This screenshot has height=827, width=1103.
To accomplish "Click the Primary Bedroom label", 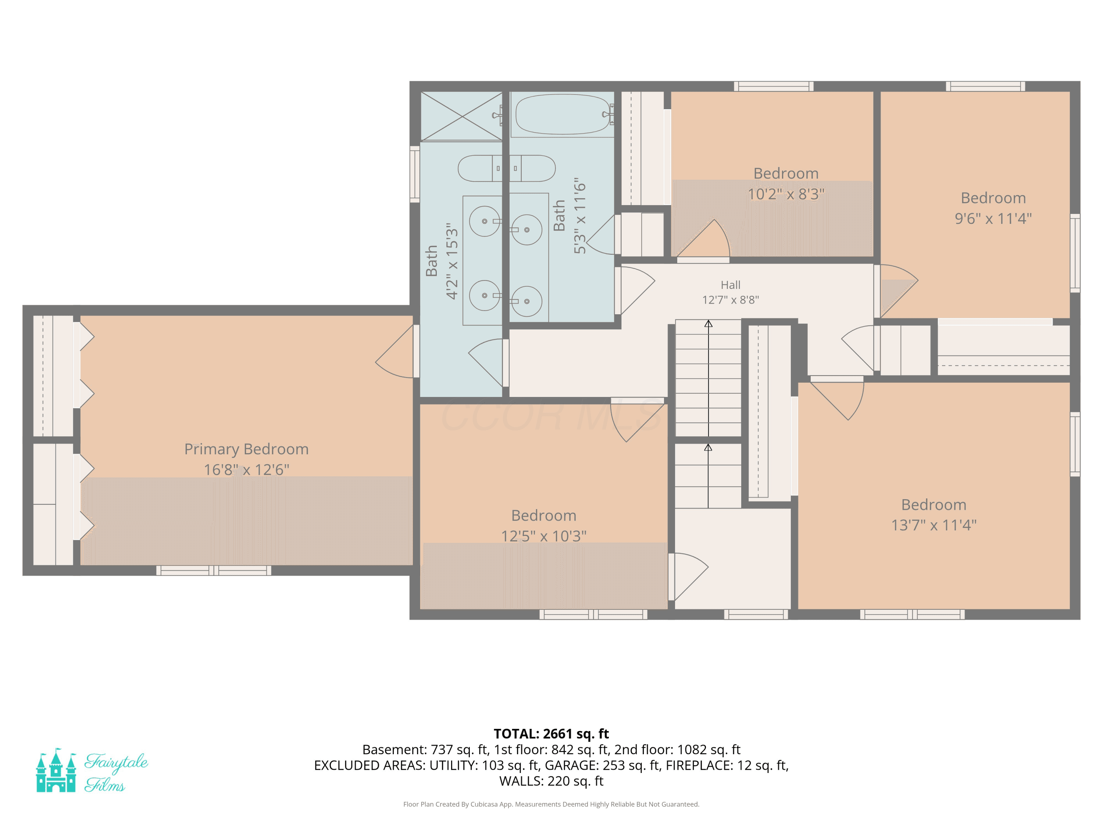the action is [246, 449].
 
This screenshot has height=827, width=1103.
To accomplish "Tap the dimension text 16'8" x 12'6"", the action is [246, 470].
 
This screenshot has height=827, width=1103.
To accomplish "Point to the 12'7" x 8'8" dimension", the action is [731, 300].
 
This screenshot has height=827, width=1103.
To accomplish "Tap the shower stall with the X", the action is [462, 116].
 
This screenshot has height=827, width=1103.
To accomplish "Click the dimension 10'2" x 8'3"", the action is [786, 194].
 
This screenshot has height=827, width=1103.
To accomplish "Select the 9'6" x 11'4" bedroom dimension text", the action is [993, 218].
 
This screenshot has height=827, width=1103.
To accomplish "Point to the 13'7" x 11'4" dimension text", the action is [934, 525].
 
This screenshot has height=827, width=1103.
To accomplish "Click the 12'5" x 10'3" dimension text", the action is [543, 536].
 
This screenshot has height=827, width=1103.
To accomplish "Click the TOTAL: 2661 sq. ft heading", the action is [551, 734].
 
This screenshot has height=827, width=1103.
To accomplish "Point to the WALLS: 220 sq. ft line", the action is [551, 781].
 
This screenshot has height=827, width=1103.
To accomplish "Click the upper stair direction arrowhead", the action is [708, 323].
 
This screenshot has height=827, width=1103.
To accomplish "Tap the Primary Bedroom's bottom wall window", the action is [214, 570].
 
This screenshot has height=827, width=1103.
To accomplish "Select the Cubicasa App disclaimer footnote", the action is [551, 804].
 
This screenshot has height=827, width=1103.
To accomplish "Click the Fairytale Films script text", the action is [116, 772].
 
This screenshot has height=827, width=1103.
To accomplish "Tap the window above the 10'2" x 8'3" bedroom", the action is [774, 86].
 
